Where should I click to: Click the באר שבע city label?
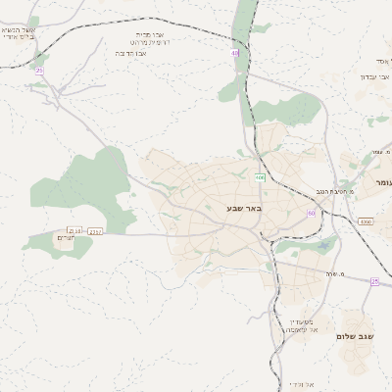(x=245, y=209)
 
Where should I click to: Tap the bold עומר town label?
(x=381, y=182)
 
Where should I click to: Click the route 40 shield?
(x=235, y=53)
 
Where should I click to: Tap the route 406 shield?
(x=260, y=177)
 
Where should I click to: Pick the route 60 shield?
(x=312, y=213)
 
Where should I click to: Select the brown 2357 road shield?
(x=95, y=231)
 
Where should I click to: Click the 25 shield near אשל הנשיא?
(x=39, y=71)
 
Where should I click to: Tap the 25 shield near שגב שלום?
(x=374, y=281)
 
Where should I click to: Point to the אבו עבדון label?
(x=374, y=76)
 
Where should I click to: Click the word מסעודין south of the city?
(x=300, y=321)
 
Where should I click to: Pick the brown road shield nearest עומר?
(x=366, y=222)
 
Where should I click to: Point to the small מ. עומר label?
(x=375, y=153)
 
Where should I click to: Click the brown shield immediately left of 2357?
(x=74, y=231)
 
